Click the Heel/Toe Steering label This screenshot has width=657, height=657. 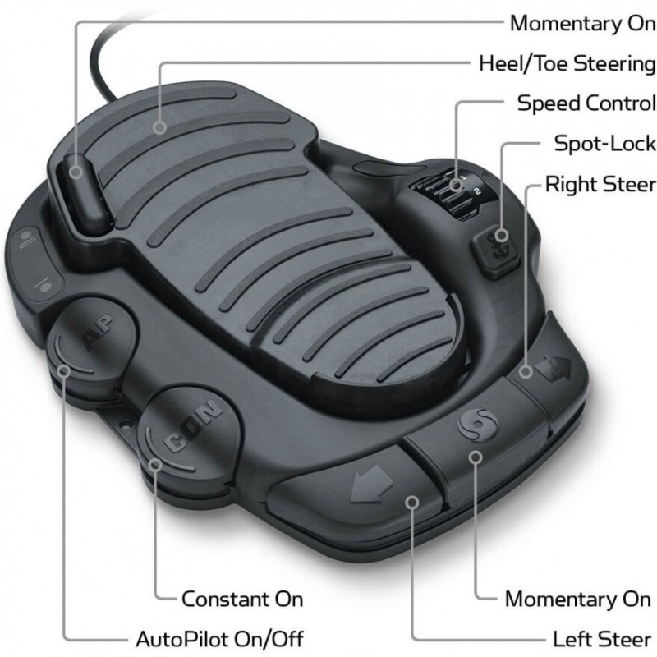pos(567,64)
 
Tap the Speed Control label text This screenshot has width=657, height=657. pos(586,103)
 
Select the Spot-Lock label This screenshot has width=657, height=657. pos(605,144)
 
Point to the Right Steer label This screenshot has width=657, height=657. pos(600,184)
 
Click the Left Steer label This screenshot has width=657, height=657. pos(602,640)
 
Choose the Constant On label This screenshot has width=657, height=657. pos(242,600)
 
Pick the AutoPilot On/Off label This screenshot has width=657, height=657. pos(219,640)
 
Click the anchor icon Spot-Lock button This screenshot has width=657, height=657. pos(497,251)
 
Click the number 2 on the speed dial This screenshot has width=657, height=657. pos(477,191)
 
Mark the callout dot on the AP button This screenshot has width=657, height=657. pos(64,371)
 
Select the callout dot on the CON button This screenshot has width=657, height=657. pos(155,464)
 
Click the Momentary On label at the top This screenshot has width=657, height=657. pos(583,24)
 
